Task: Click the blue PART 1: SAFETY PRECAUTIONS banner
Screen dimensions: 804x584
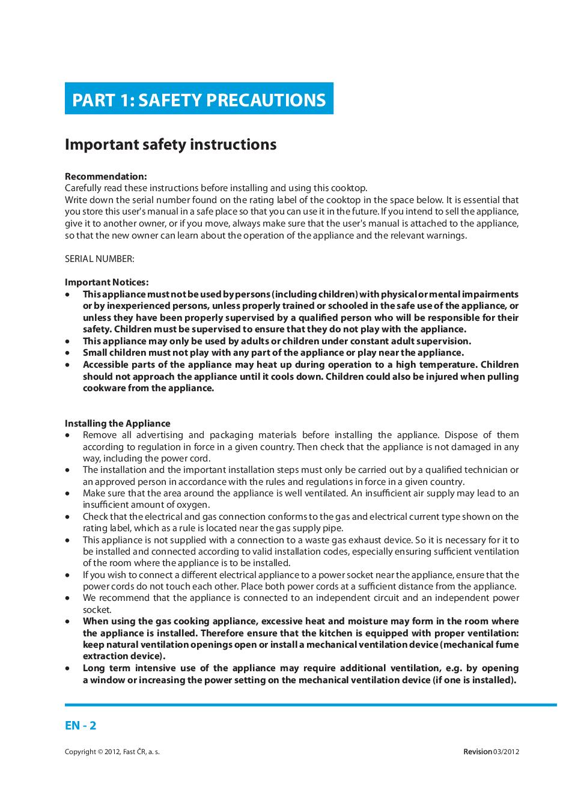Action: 199,99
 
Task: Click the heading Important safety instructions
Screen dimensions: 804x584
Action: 171,145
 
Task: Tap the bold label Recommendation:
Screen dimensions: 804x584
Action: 106,177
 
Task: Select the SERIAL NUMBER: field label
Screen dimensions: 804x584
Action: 100,259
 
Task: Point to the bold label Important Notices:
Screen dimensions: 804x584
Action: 107,282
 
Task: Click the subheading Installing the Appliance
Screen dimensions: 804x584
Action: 118,424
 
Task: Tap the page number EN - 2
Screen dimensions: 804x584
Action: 81,725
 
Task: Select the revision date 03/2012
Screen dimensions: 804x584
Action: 506,752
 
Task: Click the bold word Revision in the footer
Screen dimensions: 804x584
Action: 478,752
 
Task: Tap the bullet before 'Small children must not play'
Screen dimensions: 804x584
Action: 68,353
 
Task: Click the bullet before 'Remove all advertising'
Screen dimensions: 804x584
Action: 68,435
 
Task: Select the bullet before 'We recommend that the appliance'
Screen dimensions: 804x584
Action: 68,598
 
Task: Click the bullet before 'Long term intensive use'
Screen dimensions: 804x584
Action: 68,668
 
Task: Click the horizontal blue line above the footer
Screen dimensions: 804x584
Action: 311,704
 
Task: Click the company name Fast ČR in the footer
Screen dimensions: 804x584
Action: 135,752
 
